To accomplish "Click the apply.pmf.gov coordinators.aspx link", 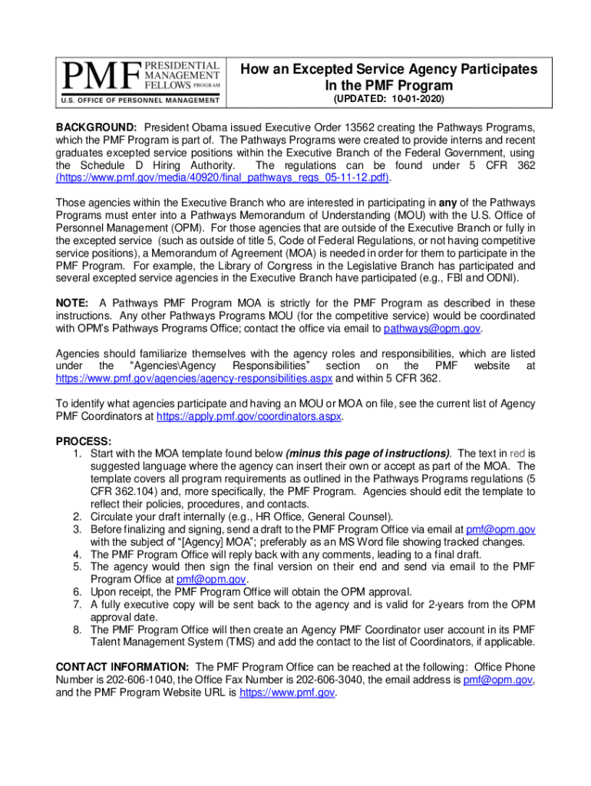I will pos(249,417).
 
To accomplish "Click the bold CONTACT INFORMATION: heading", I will pos(123,667).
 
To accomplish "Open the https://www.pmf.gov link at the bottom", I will pos(288,692).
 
